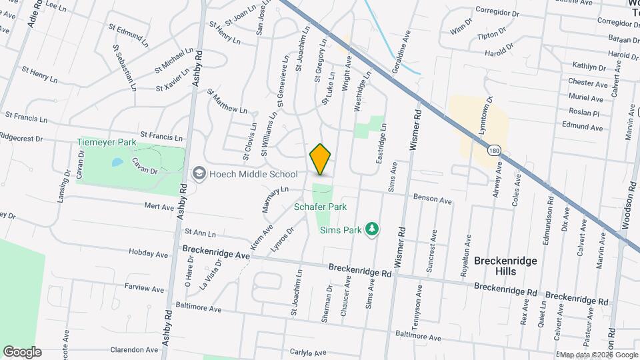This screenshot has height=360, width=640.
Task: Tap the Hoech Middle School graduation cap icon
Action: pyautogui.click(x=199, y=174)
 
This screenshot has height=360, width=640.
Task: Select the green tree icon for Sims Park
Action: pyautogui.click(x=372, y=230)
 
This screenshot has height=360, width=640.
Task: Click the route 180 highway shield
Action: pyautogui.click(x=493, y=151)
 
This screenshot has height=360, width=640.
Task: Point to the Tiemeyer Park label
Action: pyautogui.click(x=107, y=143)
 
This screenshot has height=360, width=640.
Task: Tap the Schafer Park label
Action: pyautogui.click(x=321, y=207)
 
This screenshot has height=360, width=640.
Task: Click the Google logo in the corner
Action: pyautogui.click(x=22, y=351)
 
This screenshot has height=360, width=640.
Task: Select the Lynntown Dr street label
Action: pyautogui.click(x=484, y=117)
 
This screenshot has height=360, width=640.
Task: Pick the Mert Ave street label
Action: pyautogui.click(x=159, y=207)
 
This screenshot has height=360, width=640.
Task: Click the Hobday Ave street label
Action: pyautogui.click(x=149, y=254)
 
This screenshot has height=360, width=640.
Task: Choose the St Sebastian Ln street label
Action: pyautogui.click(x=124, y=67)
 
